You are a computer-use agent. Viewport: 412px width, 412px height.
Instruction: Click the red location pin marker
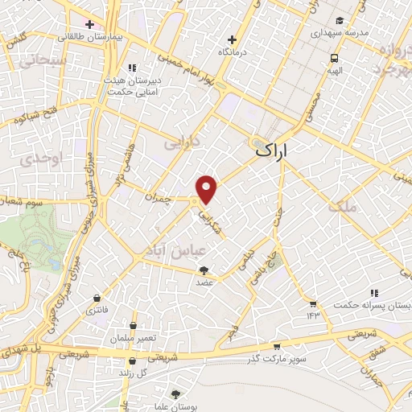click(208, 189)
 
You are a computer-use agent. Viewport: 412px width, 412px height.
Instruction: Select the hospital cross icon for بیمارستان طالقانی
click(90, 23)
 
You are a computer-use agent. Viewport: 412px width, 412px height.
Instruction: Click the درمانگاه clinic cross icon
click(232, 39)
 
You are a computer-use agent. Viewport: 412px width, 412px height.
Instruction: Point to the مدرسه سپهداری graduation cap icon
click(340, 19)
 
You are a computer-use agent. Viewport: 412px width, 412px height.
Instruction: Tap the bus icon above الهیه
click(333, 58)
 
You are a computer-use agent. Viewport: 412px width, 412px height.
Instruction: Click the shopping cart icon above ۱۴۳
click(312, 303)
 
